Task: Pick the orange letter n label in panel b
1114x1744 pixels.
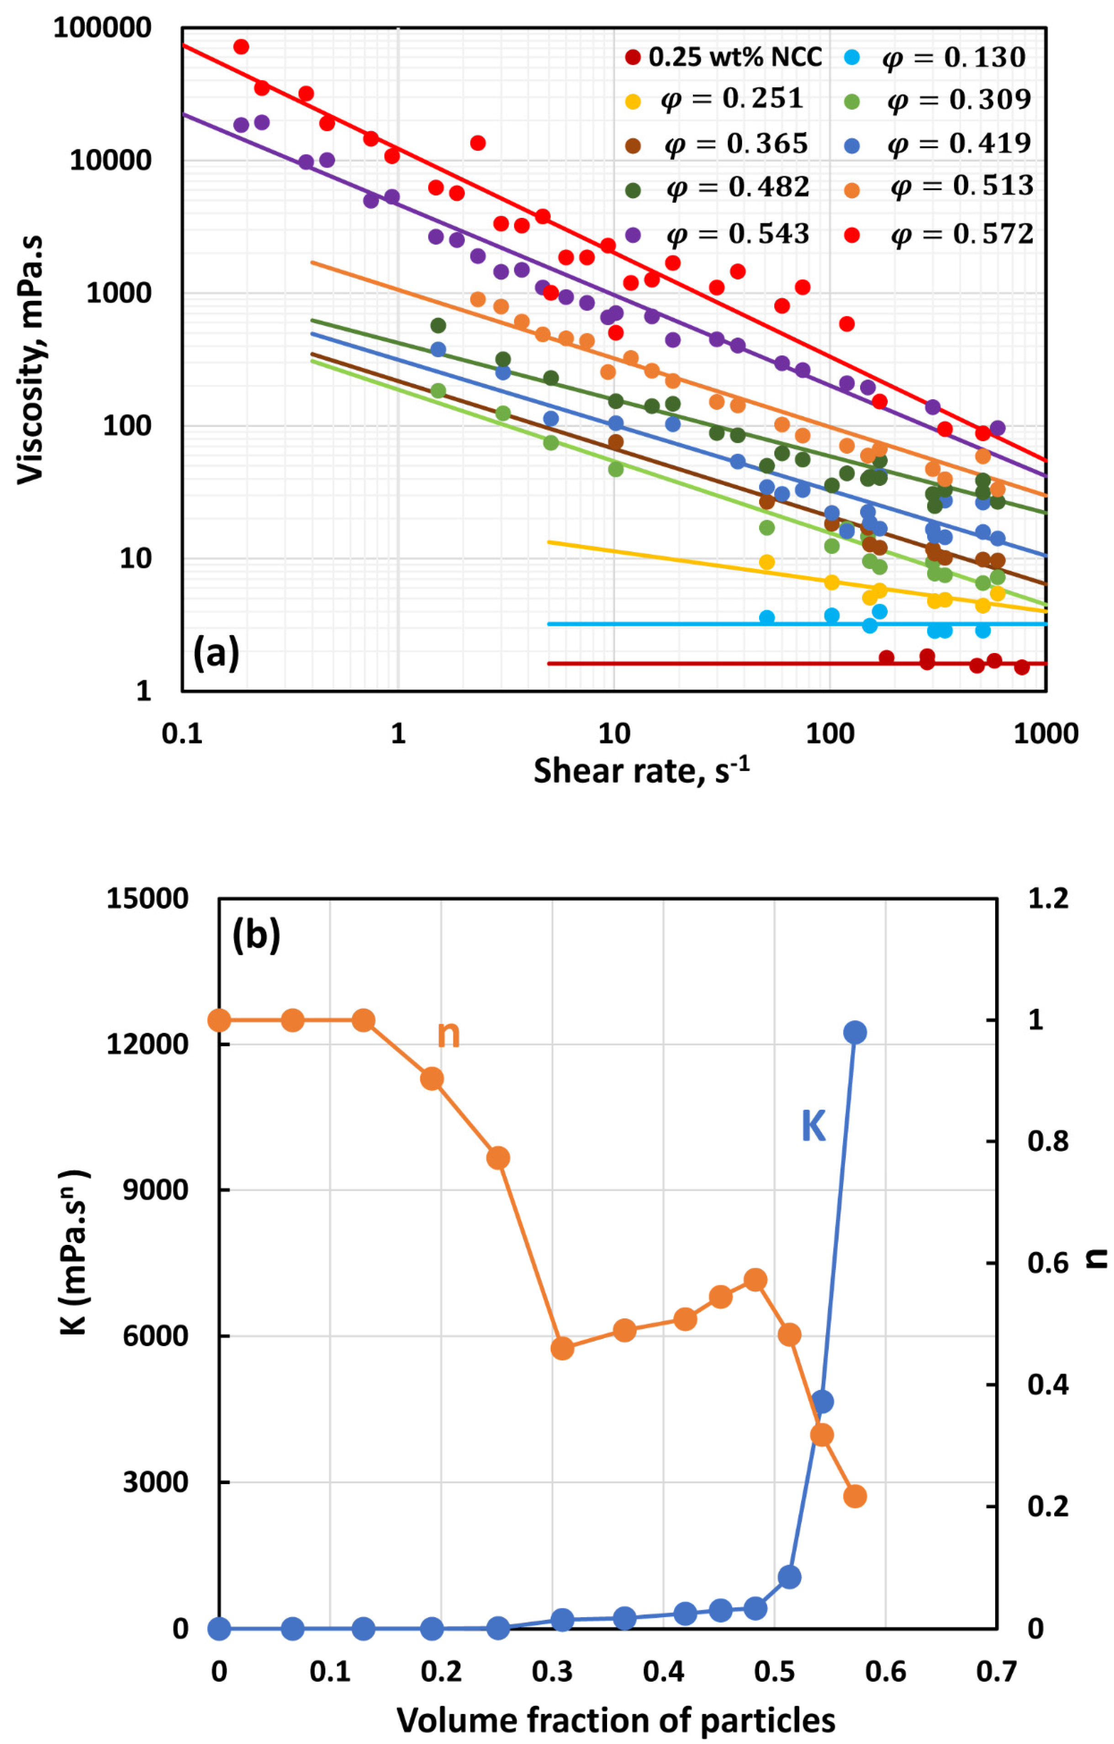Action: (449, 1035)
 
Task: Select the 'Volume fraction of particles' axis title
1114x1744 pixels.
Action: (616, 1720)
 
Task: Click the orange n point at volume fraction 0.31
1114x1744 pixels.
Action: (562, 1349)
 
